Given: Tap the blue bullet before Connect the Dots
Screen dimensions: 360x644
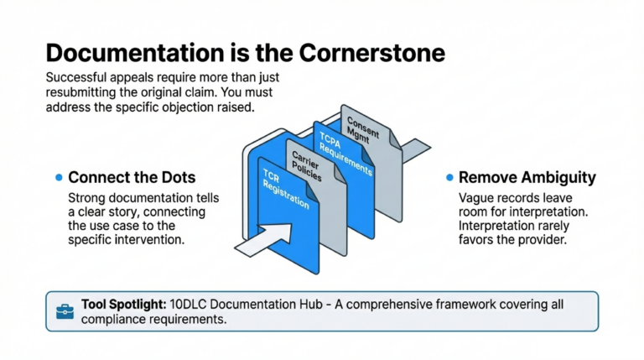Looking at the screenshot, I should [x=58, y=178].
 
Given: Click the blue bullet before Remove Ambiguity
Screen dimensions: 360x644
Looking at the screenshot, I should [x=449, y=178].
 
